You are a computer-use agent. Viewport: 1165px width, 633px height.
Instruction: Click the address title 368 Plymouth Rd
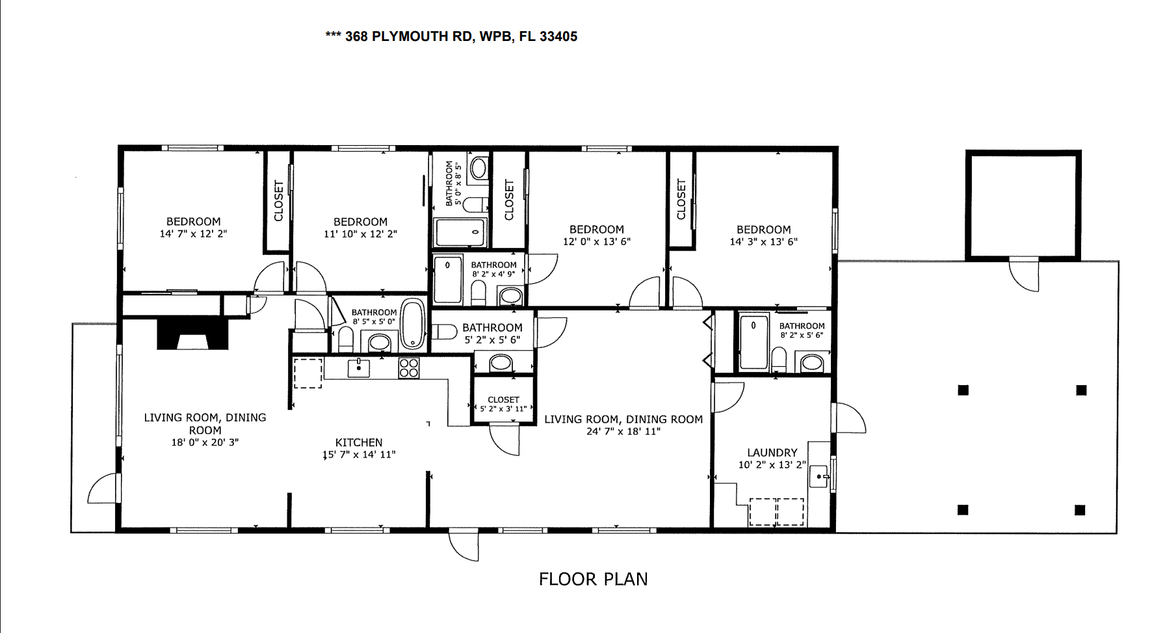(451, 36)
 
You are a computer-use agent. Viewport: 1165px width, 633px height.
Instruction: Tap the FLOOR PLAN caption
(593, 579)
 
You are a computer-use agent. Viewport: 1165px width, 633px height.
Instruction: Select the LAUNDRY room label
(772, 452)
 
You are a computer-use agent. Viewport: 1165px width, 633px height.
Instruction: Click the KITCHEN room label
(359, 442)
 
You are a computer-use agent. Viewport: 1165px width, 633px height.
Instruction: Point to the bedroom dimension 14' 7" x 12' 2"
(193, 234)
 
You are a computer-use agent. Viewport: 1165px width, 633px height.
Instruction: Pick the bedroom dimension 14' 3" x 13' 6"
(763, 241)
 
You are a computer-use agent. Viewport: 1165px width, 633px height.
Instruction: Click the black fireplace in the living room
(192, 334)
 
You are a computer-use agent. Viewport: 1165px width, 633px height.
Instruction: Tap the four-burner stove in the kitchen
(409, 368)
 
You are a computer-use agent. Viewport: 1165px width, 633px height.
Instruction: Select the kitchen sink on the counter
(359, 368)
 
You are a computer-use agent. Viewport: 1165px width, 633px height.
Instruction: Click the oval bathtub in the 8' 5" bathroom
(413, 323)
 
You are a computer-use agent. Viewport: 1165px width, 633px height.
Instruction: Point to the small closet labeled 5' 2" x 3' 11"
(503, 404)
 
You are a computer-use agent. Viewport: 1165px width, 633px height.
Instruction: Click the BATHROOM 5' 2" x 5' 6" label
(492, 333)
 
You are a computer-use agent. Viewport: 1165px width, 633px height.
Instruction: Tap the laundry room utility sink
(819, 477)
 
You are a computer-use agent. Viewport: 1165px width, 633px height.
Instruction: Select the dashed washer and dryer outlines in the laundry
(776, 512)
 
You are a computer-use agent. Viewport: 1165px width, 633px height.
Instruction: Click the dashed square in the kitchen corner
(308, 373)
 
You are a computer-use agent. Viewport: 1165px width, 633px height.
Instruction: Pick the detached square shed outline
(1023, 205)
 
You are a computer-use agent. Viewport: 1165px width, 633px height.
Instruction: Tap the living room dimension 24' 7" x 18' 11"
(623, 431)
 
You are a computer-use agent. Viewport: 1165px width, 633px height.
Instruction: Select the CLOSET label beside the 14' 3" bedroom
(681, 199)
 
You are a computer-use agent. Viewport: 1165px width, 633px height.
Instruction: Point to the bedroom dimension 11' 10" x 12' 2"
(360, 234)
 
